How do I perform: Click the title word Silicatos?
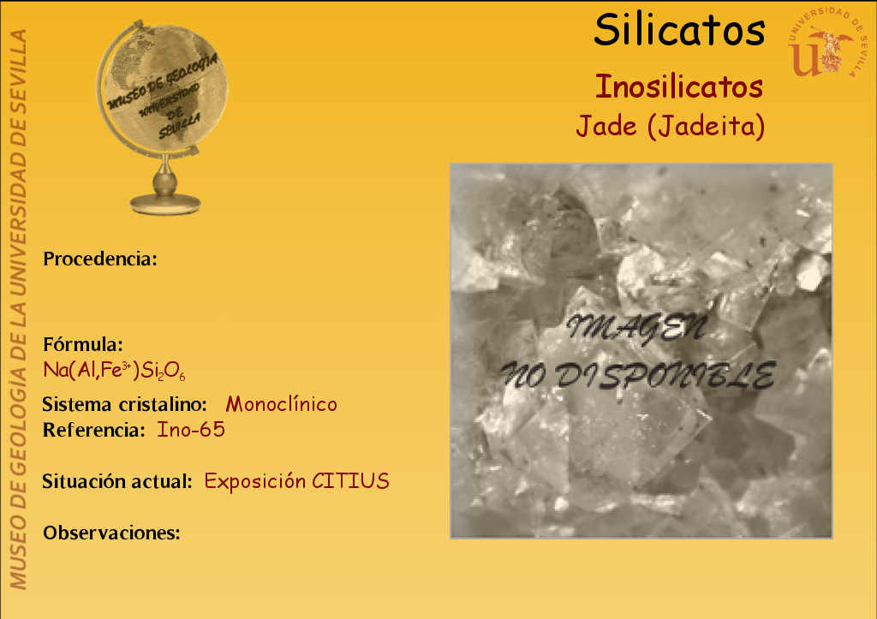click(x=679, y=30)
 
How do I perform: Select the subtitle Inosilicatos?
click(x=679, y=86)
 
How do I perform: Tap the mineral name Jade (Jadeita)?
click(x=670, y=127)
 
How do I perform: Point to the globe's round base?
click(x=165, y=204)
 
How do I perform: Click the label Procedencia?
click(x=100, y=259)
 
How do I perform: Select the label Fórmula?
click(x=83, y=344)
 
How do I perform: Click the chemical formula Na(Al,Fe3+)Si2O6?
click(x=114, y=371)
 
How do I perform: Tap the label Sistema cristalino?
click(x=125, y=404)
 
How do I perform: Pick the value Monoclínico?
click(x=281, y=404)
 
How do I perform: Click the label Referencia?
click(x=94, y=430)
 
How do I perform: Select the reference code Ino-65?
click(x=191, y=430)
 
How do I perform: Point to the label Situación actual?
click(x=117, y=481)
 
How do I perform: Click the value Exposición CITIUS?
click(x=296, y=481)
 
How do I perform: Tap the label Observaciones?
click(x=111, y=533)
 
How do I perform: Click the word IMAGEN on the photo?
click(x=636, y=328)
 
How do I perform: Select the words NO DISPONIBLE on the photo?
click(x=638, y=375)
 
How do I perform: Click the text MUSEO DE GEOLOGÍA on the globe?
click(x=162, y=81)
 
